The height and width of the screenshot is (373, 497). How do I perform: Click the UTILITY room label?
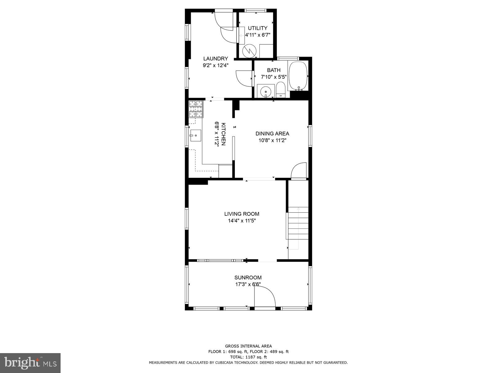258,28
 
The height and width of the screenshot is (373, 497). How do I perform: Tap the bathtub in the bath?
298,76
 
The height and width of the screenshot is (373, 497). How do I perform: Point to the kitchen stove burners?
196,109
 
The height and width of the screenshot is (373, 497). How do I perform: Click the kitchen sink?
196,136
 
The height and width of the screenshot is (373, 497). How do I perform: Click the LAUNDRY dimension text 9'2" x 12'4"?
216,65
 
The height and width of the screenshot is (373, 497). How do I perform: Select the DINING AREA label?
272,134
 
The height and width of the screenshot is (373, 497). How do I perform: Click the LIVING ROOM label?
242,214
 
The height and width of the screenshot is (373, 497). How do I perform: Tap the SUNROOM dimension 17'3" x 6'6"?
248,284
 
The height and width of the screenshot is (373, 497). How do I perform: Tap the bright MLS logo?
30,363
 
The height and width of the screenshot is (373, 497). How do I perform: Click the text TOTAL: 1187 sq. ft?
248,357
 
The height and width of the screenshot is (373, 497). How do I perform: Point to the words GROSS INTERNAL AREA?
248,346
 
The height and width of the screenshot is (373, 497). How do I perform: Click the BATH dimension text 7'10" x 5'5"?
274,77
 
